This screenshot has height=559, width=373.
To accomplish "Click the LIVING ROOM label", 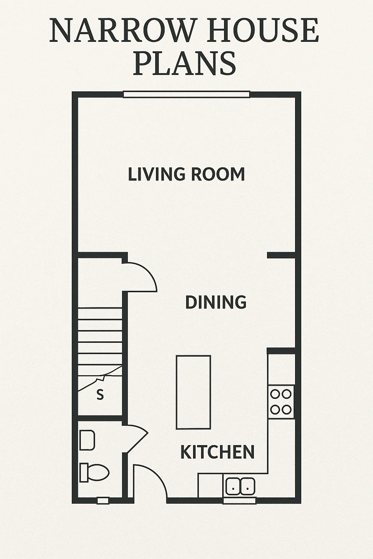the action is (186, 174).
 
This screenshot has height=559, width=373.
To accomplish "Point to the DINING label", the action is (216, 302).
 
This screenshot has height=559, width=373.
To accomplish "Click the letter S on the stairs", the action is (100, 395).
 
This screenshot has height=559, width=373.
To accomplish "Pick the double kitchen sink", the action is (240, 486).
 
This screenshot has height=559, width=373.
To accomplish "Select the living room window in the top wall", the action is (186, 94).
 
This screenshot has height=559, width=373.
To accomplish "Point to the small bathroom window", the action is (103, 501).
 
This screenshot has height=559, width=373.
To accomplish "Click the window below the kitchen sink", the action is (240, 501).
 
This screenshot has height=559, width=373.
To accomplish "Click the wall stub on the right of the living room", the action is (281, 255).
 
